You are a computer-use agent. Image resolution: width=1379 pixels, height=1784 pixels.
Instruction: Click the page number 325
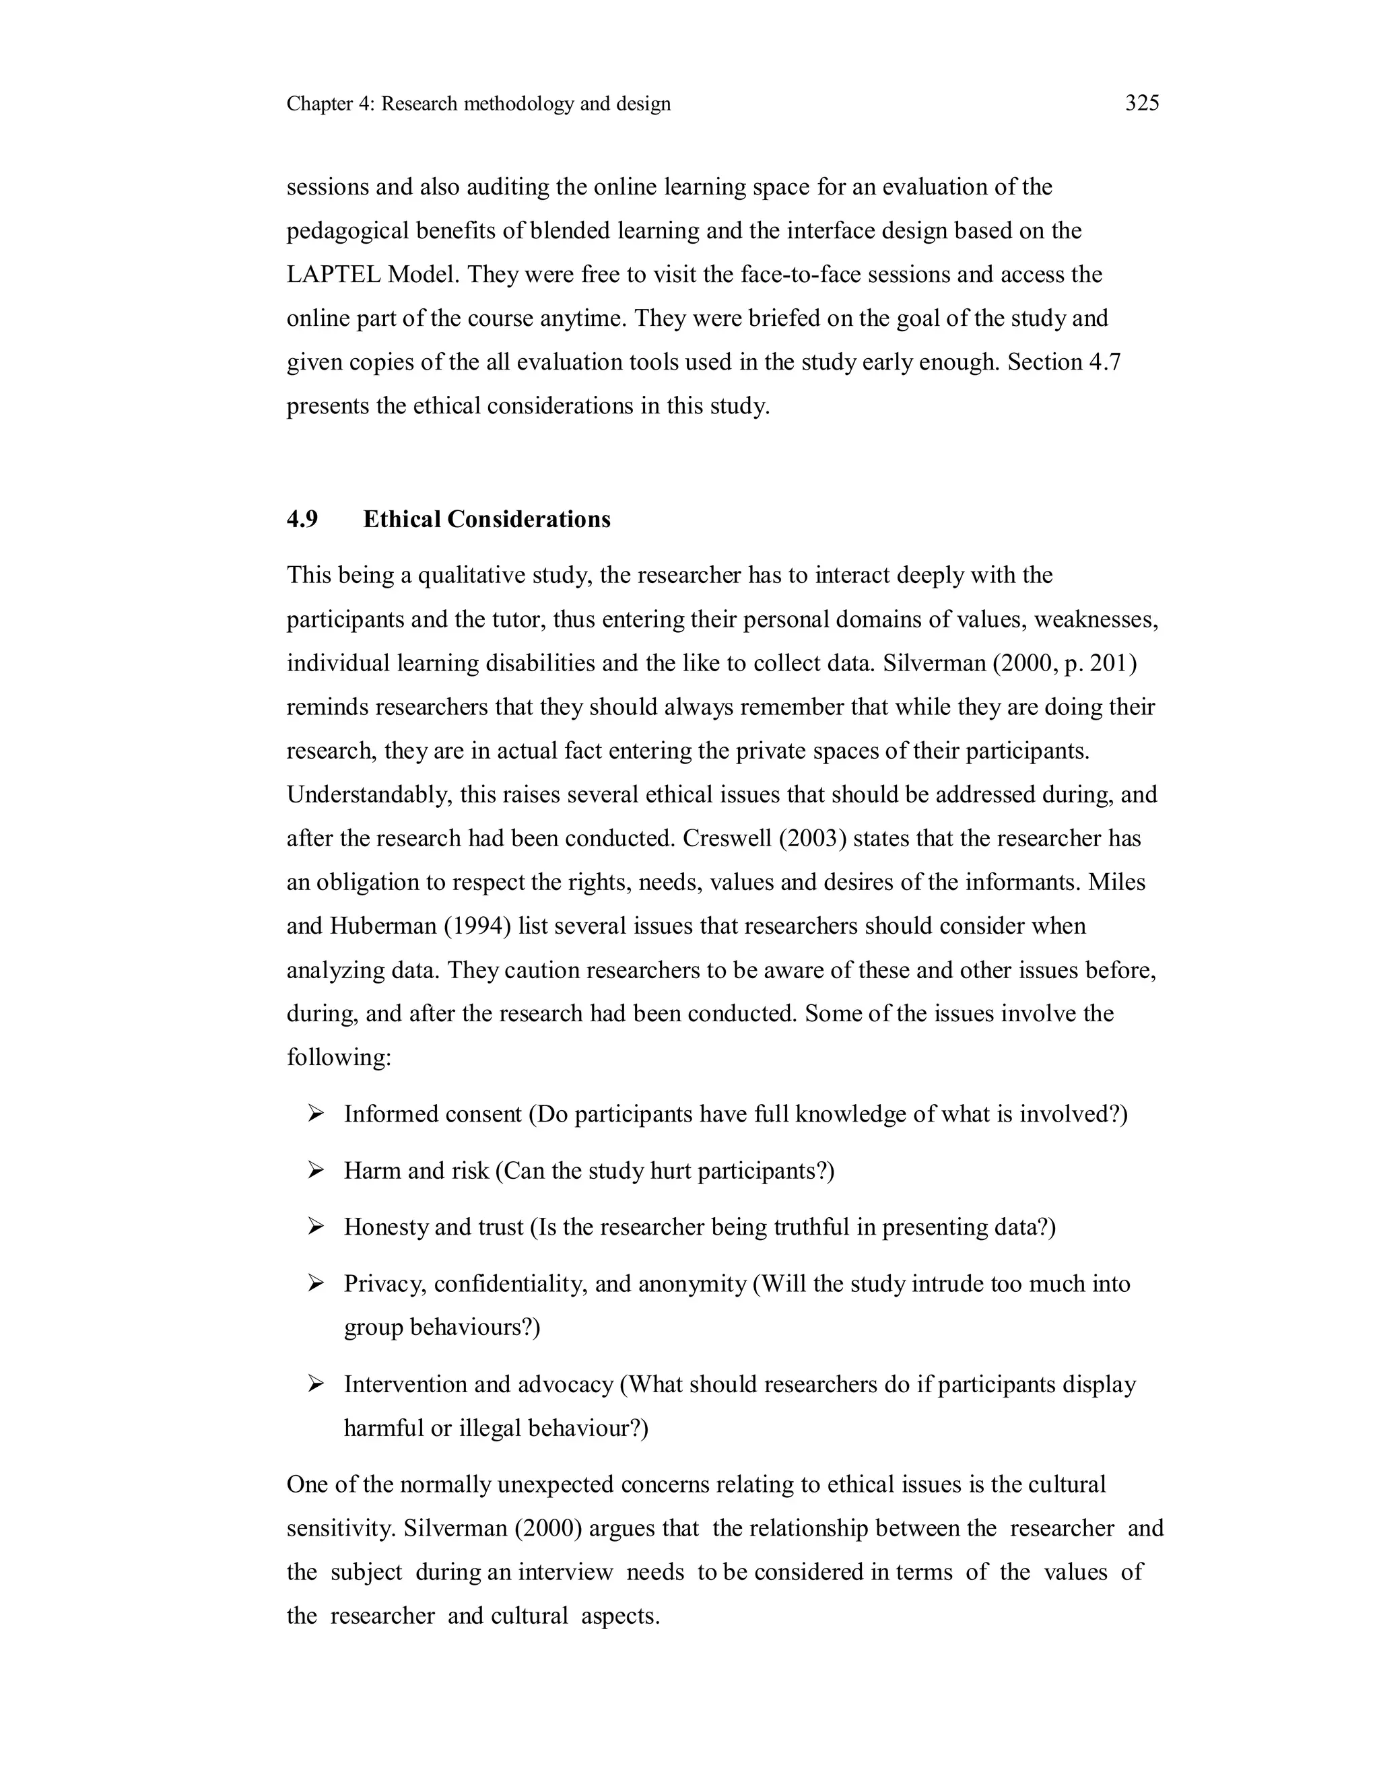(x=1141, y=103)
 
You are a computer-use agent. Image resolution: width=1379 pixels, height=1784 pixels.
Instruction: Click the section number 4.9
(x=302, y=520)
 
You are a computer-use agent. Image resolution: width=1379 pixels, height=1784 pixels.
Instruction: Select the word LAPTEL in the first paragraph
(x=333, y=275)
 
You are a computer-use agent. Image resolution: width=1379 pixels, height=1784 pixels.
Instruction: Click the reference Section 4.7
(x=1064, y=362)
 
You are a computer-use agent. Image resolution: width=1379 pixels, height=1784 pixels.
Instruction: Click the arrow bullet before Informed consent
(x=316, y=1113)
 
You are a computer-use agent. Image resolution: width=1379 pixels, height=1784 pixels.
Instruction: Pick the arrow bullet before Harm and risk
(x=316, y=1171)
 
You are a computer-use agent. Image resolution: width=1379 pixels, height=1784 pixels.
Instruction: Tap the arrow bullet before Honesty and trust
(x=316, y=1227)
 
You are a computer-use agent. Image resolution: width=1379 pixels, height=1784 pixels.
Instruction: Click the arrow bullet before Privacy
(x=316, y=1284)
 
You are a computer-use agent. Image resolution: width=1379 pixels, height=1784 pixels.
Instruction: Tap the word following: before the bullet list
(x=339, y=1058)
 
